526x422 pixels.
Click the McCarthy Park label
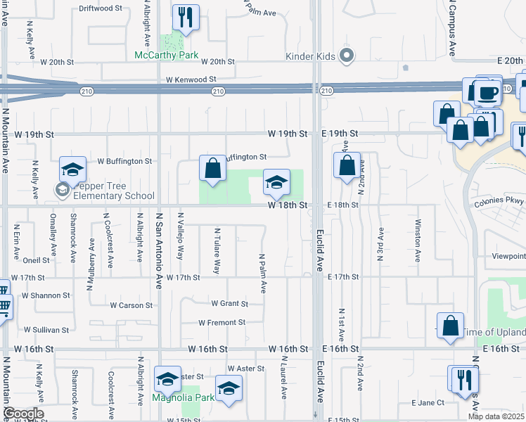(x=167, y=55)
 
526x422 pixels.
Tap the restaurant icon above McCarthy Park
(x=186, y=18)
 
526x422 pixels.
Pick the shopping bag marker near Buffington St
(x=212, y=169)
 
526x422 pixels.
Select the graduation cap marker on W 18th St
(x=276, y=183)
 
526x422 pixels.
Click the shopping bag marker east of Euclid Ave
(x=347, y=167)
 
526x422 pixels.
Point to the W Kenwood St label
(x=191, y=80)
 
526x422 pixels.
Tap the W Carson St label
(x=131, y=305)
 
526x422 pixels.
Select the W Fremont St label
(x=222, y=323)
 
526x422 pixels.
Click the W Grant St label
(x=230, y=304)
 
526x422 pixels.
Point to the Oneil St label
(x=36, y=260)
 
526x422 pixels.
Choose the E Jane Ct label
(x=428, y=403)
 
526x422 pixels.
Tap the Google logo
(x=23, y=414)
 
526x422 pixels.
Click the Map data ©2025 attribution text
(x=496, y=416)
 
